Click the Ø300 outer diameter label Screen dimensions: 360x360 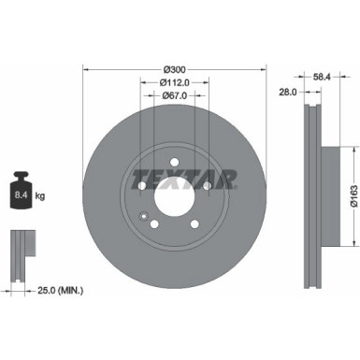pyautogui.click(x=174, y=70)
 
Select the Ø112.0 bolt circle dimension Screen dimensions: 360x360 pyautogui.click(x=174, y=82)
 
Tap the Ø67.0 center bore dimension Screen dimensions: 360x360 pyautogui.click(x=174, y=94)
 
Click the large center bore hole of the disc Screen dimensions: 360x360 pyautogui.click(x=174, y=198)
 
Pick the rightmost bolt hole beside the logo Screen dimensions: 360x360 pyautogui.click(x=208, y=187)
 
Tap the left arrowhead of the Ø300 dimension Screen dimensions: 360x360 pyautogui.click(x=86, y=69)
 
